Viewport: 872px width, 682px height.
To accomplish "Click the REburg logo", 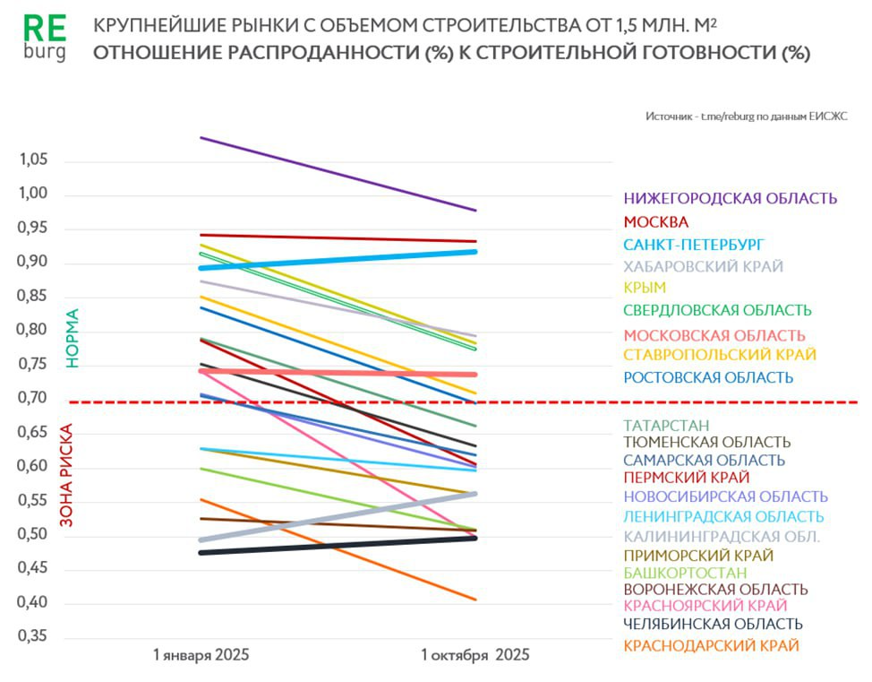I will coord(45,38).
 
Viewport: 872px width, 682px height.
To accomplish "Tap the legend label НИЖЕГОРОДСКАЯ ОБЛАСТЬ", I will coord(731,199).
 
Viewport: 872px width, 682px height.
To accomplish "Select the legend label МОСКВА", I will coord(656,222).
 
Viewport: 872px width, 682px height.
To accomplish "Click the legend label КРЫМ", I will coord(645,288).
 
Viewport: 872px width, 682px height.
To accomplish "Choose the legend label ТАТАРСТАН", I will coord(667,425).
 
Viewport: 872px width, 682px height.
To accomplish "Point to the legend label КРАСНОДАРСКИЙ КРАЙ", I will coord(711,645).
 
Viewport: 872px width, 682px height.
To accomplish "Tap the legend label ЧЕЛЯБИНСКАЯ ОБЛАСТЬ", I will coord(713,624).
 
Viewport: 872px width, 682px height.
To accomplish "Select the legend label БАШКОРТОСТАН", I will coord(685,573).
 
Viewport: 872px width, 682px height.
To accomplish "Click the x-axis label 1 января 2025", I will coord(201,654).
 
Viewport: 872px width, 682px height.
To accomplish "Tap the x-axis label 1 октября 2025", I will coord(475,655).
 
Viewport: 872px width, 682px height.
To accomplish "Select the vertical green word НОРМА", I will coord(73,338).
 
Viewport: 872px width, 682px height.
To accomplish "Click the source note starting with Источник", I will coord(746,117).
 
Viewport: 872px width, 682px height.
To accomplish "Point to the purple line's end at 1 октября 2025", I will coord(475,211).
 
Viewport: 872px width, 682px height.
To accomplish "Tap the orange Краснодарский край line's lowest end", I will coord(475,600).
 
